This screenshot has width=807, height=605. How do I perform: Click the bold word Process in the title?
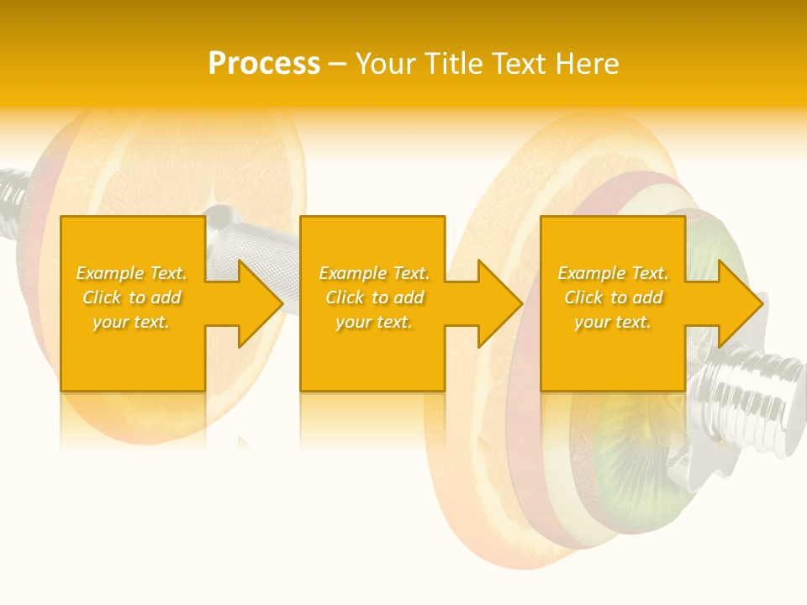264,64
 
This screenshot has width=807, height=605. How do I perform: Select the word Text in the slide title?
520,64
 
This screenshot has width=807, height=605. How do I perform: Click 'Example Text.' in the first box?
132,273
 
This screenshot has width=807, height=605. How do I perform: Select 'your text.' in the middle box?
374,322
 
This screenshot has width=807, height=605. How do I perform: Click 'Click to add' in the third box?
613,297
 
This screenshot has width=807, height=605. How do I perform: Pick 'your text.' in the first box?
132,322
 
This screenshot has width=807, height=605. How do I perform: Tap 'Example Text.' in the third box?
613,273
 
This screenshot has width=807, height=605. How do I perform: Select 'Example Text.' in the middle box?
374,273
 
